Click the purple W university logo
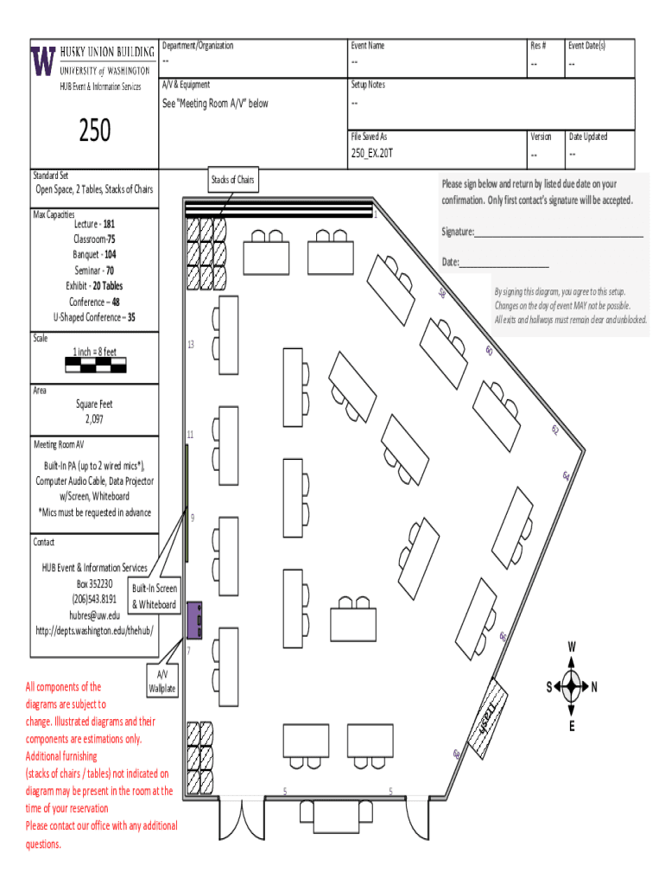pyautogui.click(x=44, y=61)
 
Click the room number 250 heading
pyautogui.click(x=95, y=130)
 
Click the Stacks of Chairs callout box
pyautogui.click(x=233, y=180)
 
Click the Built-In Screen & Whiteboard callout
pyautogui.click(x=154, y=596)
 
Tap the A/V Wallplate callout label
pyautogui.click(x=162, y=681)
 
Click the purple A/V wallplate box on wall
pyautogui.click(x=195, y=621)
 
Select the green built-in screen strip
pyautogui.click(x=187, y=502)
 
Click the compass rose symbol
pyautogui.click(x=571, y=687)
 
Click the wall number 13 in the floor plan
pyautogui.click(x=191, y=345)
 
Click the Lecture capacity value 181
pyautogui.click(x=109, y=224)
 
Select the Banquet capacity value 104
pyautogui.click(x=111, y=255)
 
